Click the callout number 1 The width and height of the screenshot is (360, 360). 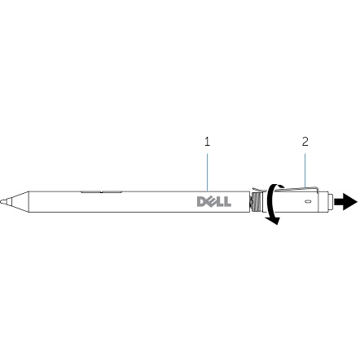[208, 142]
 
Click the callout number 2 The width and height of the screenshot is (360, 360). [305, 142]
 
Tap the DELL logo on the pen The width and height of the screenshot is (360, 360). [214, 202]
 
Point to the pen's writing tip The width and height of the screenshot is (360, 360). [2, 202]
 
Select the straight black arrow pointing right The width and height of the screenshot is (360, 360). [345, 202]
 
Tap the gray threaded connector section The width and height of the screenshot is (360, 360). [256, 202]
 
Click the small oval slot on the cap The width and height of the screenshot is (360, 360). [307, 202]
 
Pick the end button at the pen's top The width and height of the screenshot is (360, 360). [331, 202]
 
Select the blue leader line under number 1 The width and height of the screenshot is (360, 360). [208, 173]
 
